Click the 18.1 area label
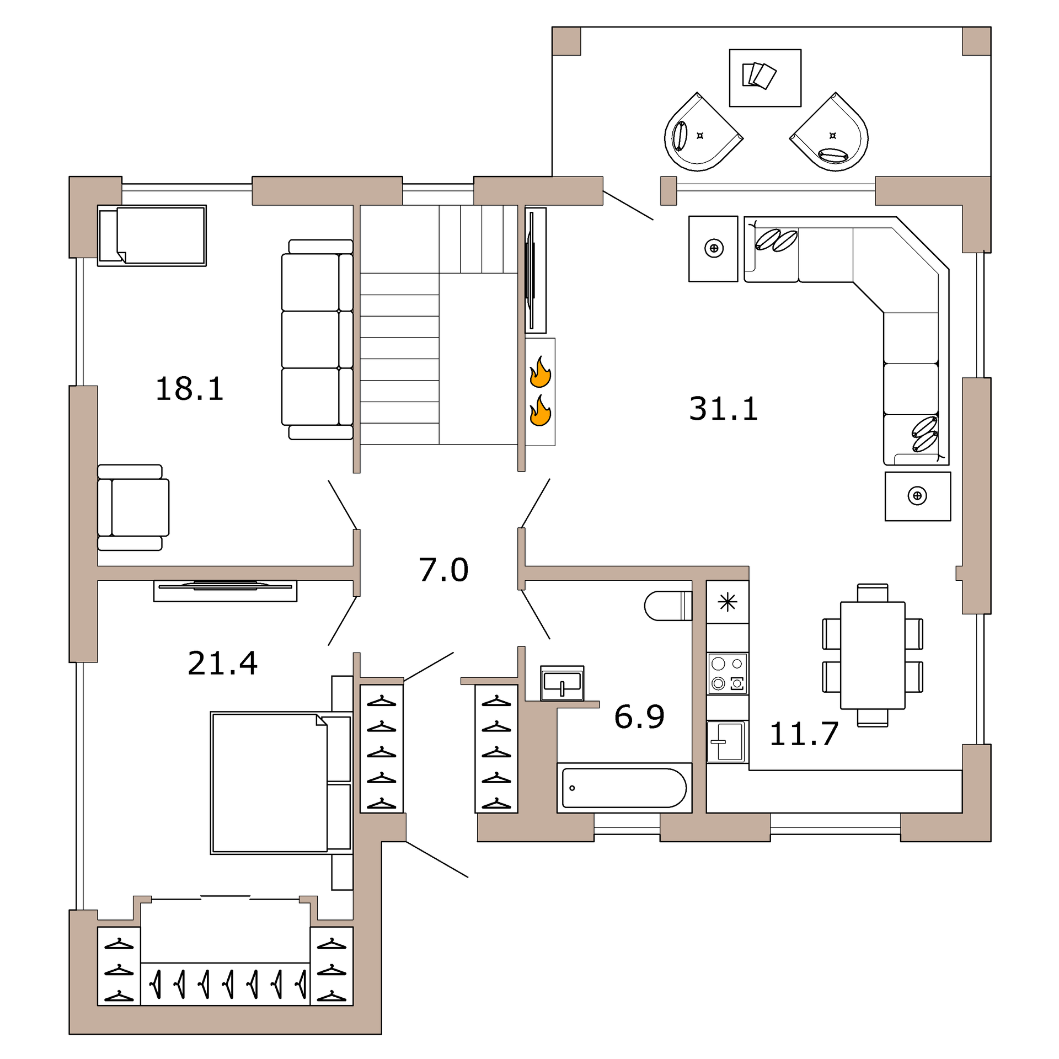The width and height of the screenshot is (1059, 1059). (189, 389)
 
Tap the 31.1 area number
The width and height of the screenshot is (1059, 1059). (723, 409)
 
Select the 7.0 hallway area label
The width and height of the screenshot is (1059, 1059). (443, 570)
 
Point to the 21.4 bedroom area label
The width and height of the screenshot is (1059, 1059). (222, 663)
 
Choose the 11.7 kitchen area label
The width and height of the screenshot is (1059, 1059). (804, 734)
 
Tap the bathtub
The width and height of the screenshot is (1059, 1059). (624, 788)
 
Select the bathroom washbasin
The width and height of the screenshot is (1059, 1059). (562, 683)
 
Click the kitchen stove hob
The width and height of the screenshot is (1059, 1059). (728, 673)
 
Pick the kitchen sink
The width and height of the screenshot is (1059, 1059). (727, 742)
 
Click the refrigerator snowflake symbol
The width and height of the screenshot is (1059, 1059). (728, 602)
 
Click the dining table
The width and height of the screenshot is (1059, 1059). (872, 655)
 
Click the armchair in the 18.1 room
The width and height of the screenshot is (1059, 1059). (133, 507)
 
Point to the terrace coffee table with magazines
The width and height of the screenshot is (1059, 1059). (764, 78)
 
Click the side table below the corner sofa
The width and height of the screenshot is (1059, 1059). (917, 496)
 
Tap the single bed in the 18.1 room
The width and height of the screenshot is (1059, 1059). (152, 236)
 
